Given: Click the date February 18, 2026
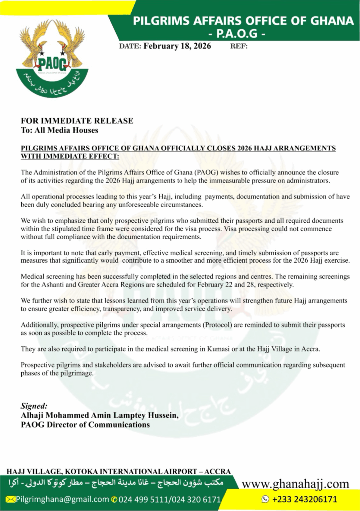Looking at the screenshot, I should (177, 46).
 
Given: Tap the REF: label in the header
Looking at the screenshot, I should (239, 46).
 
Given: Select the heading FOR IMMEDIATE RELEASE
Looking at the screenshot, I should (77, 121).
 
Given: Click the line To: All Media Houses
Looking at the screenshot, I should (59, 130).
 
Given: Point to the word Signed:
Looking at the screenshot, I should (34, 406).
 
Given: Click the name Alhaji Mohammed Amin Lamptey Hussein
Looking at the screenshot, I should (99, 415).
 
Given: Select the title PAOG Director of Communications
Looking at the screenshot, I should (85, 425).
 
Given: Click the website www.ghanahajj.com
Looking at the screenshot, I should (295, 483).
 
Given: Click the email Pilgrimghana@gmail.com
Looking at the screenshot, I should (62, 499).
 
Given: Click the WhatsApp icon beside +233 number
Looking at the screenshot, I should (265, 499).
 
